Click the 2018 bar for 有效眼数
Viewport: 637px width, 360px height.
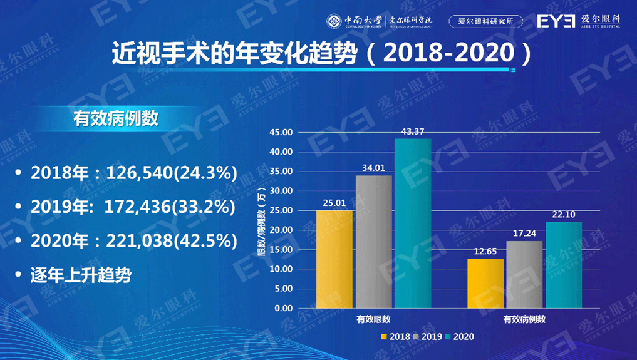334,259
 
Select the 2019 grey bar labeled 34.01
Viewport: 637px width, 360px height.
374,242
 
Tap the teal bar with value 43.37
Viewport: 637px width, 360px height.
413,223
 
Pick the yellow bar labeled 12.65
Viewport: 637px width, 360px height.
485,283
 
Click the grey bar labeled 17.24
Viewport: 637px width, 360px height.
524,274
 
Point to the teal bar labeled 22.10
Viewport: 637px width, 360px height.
564,265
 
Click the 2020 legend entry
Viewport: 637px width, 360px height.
460,337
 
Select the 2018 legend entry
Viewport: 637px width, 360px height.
395,337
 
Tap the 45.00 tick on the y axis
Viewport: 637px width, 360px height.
281,133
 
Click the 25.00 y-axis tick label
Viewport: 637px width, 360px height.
281,211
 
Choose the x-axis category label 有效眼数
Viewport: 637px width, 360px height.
374,319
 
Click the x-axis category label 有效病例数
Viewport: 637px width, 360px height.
524,319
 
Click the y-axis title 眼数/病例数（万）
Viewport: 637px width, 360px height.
261,221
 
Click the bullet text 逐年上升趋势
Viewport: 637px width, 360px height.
81,275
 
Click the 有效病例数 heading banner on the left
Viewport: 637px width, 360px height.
116,119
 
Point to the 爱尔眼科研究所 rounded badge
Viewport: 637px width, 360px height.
486,21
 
